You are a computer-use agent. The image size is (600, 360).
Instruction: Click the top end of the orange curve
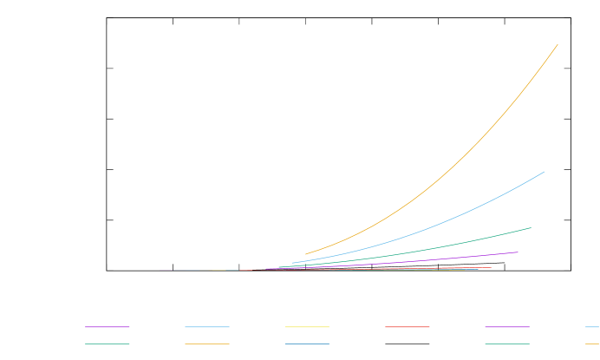pos(558,44)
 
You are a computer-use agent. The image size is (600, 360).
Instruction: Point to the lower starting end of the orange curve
pos(305,254)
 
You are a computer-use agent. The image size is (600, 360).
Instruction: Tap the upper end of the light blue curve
pos(545,172)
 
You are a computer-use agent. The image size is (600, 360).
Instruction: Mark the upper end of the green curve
pos(531,227)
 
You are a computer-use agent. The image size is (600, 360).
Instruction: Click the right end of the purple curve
pos(518,252)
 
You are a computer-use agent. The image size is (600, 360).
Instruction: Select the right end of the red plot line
pos(492,267)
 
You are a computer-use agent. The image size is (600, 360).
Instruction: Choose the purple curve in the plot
pos(434,259)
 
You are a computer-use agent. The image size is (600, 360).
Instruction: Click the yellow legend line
pos(307,327)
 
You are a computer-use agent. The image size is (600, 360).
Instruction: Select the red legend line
pos(407,327)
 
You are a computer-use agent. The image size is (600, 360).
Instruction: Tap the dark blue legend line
pos(307,344)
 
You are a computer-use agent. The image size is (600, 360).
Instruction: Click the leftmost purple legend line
pos(107,327)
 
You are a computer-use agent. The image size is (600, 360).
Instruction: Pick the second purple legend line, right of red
pos(507,327)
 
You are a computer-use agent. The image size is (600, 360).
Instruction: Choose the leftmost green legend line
pos(107,344)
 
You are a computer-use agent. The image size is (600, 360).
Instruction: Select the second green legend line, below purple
pos(507,344)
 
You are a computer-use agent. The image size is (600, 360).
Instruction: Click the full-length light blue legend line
pos(207,327)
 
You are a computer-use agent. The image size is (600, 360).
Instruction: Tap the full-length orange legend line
pos(207,344)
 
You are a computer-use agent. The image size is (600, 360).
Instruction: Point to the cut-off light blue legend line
pos(593,327)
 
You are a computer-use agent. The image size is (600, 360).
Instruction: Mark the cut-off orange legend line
pos(593,344)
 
